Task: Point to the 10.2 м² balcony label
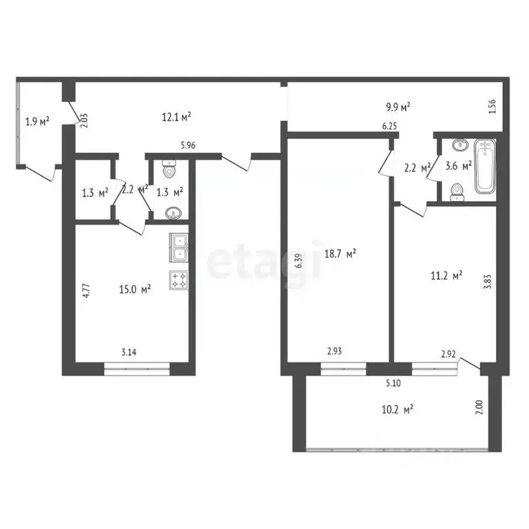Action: click(x=398, y=409)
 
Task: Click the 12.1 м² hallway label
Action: click(x=176, y=116)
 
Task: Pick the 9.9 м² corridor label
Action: click(x=397, y=107)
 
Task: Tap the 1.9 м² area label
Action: click(x=37, y=122)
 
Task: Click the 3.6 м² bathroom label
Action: click(x=458, y=165)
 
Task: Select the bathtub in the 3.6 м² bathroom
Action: click(x=486, y=166)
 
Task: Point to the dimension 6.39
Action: click(x=298, y=260)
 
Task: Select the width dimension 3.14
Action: click(x=128, y=353)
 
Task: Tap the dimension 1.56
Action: click(x=492, y=107)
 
